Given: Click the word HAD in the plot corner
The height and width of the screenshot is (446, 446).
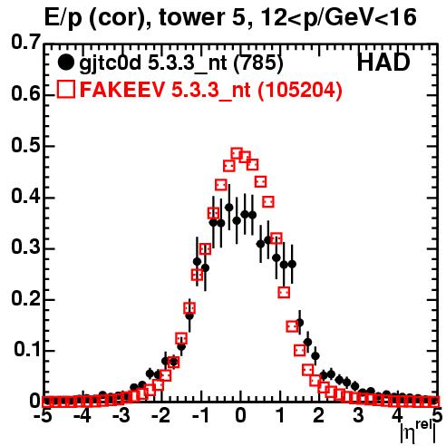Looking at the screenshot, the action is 383,63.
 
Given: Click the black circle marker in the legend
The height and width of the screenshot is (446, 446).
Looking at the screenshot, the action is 65,63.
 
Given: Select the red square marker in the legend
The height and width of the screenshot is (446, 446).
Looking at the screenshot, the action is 66,89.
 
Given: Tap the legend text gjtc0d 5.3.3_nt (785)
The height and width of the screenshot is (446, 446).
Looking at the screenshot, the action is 181,63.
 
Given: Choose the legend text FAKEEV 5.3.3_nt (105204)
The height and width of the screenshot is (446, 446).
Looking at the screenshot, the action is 211,90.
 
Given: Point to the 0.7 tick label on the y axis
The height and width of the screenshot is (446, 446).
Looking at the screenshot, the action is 25,42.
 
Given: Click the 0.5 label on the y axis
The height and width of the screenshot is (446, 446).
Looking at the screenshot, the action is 25,145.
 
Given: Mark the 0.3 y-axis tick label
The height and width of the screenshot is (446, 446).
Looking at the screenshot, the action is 25,247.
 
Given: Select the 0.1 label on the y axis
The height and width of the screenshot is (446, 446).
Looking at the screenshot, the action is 27,350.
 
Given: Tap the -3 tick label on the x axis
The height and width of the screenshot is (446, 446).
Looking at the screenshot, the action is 121,416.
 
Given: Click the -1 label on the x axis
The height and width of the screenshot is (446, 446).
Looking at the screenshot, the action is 201,416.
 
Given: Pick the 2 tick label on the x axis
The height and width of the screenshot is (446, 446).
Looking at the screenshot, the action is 318,416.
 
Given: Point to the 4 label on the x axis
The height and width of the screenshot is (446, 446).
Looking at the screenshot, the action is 397,416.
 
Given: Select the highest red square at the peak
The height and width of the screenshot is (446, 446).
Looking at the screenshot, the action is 237,153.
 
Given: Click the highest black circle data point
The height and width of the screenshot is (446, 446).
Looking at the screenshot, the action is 229,208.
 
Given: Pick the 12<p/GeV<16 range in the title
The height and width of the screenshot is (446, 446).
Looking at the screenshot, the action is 338,18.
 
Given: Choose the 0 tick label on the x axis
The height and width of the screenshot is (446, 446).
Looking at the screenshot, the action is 240,416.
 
